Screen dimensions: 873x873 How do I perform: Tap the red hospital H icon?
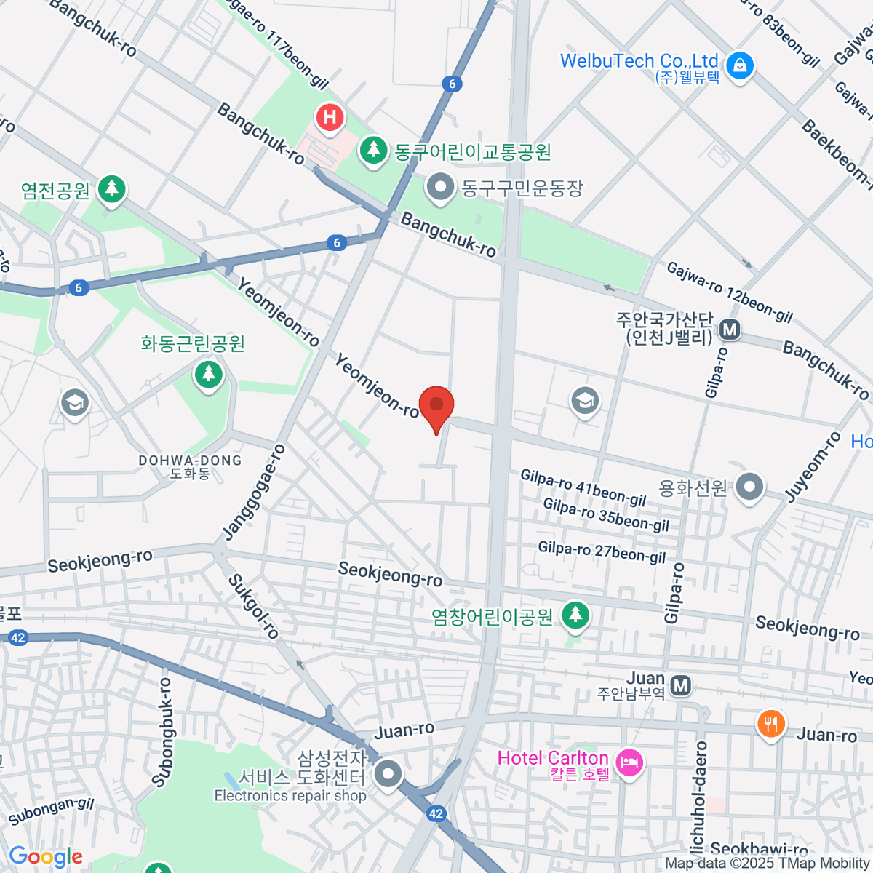click(330, 117)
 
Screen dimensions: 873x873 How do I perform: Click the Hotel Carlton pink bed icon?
click(629, 763)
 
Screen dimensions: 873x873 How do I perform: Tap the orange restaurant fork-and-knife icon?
click(770, 724)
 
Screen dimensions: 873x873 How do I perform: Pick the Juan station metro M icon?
click(680, 685)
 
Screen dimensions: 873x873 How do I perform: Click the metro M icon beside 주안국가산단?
click(729, 330)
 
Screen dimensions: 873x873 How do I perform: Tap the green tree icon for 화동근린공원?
click(209, 375)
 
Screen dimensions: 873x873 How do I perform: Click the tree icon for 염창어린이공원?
click(575, 615)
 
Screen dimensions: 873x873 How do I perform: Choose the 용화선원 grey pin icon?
click(749, 487)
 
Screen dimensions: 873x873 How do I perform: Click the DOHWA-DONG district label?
click(190, 461)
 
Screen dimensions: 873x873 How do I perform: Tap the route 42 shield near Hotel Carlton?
click(436, 814)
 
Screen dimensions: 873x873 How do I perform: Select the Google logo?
click(45, 856)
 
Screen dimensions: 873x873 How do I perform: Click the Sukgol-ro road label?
click(253, 607)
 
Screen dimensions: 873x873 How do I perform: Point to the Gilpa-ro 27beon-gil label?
click(602, 553)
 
